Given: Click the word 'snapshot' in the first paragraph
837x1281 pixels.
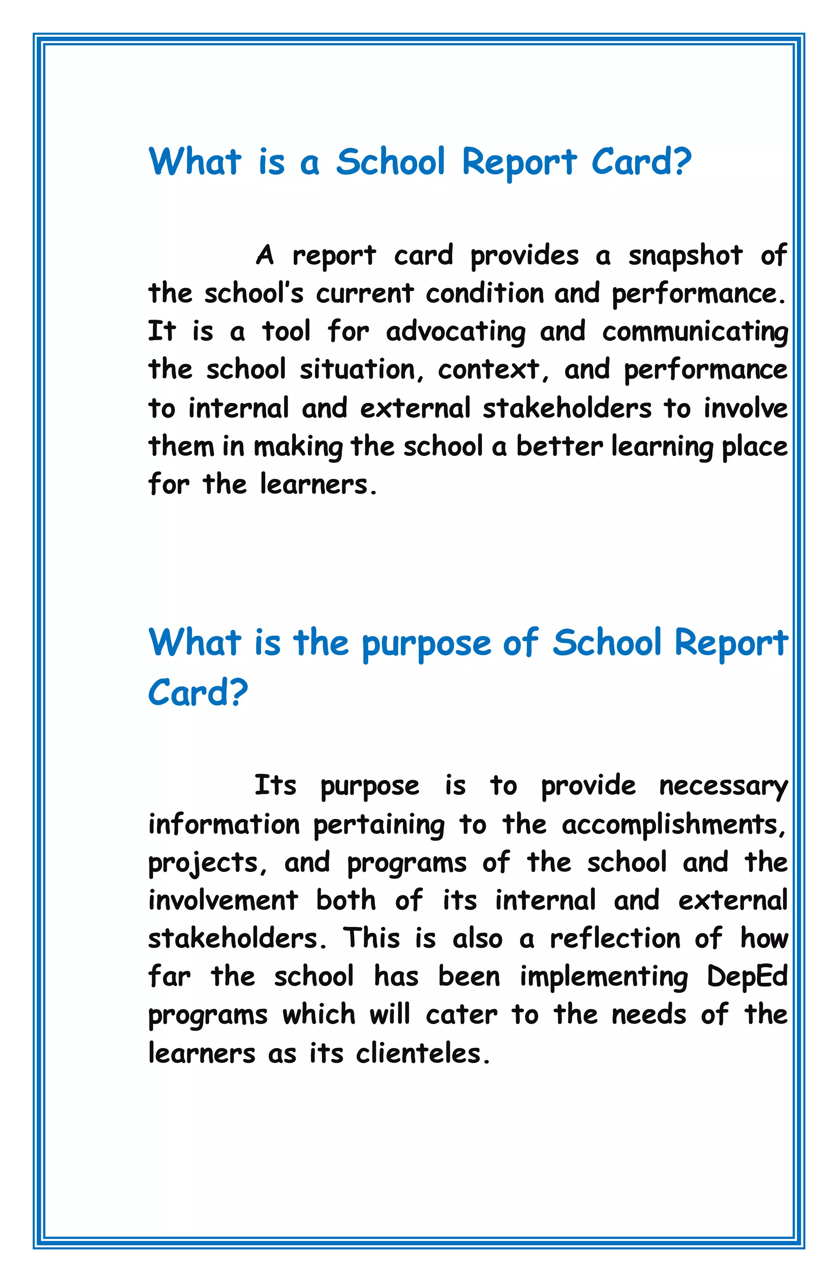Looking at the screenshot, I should coord(685,255).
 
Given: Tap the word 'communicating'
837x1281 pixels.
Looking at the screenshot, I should coord(694,332).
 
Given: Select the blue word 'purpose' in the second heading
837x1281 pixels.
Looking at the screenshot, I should coord(426,644).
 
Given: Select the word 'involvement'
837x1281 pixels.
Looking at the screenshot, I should coord(223,901).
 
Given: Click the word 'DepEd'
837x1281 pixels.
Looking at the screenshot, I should coord(747,977).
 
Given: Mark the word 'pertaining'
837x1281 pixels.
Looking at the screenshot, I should coord(379,825).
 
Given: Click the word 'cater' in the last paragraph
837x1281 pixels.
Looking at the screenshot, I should coord(461,1015).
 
